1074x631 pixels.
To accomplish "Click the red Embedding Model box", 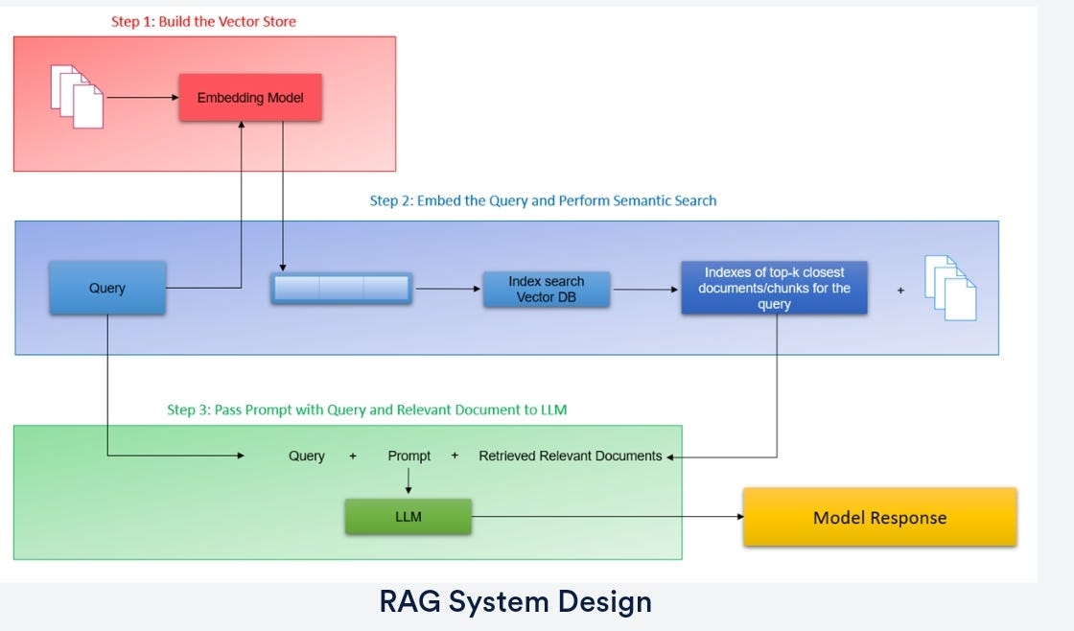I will [x=249, y=98].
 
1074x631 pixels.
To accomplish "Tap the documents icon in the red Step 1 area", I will [x=77, y=96].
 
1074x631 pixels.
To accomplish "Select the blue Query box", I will [x=107, y=288].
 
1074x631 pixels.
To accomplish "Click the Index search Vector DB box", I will [x=546, y=289].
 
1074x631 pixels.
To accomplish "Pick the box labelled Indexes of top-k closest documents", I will [x=774, y=288].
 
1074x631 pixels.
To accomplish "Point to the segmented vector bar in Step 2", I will [x=341, y=289].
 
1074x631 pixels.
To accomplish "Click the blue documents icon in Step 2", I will [x=950, y=288].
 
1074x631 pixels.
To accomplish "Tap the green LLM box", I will [x=409, y=517].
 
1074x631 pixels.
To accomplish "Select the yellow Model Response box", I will [x=879, y=518].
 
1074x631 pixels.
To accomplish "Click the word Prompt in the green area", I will [x=409, y=456].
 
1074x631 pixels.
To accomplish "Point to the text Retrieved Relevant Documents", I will [x=570, y=456].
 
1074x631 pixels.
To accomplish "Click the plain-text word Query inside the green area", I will [x=307, y=456].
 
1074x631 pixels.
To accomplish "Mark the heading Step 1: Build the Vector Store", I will [x=203, y=21].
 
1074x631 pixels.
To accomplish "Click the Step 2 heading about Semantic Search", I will [x=543, y=201].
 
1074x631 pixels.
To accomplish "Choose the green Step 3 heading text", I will [x=366, y=410].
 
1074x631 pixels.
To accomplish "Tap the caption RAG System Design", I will [x=516, y=601].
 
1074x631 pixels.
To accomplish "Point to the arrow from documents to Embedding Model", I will [x=142, y=98].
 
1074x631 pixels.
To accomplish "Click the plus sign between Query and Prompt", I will [x=353, y=456].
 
